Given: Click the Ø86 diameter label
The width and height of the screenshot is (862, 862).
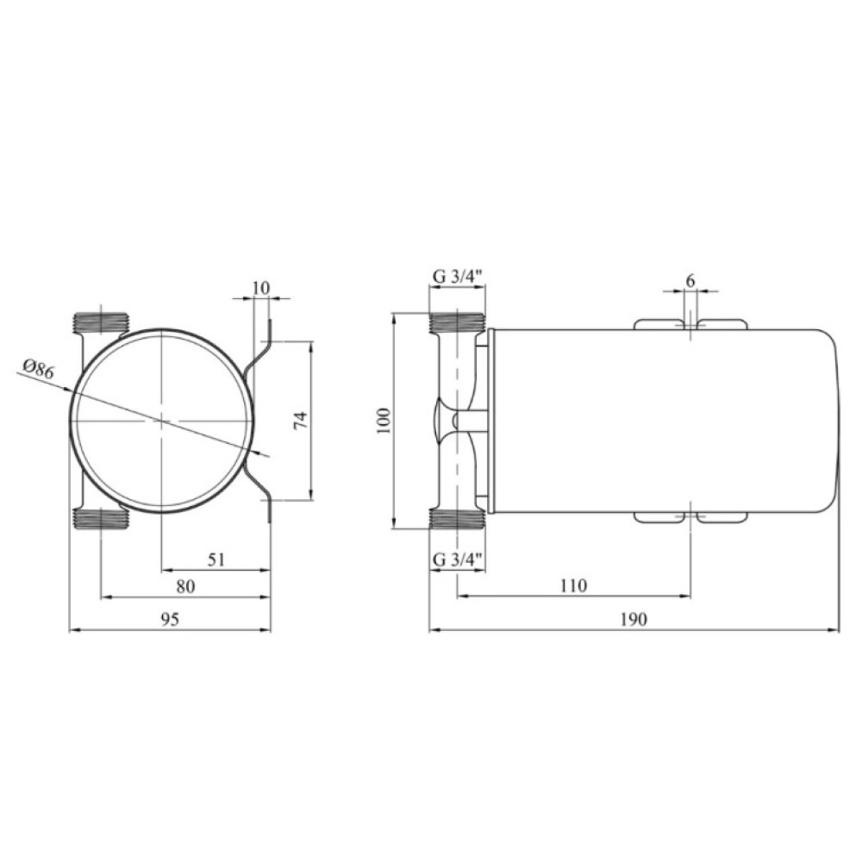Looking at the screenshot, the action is click(x=39, y=369).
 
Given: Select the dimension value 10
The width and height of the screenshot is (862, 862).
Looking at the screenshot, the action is click(x=262, y=288).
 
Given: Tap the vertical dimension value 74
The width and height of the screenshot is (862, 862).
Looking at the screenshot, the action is click(x=301, y=422).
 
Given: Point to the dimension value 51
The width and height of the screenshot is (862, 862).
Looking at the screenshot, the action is click(x=216, y=559).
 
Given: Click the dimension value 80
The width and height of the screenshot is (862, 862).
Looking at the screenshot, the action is click(x=186, y=586).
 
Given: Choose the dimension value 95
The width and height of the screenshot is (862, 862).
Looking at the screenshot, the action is click(x=170, y=620).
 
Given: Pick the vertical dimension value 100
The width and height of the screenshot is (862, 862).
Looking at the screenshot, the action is click(x=384, y=422).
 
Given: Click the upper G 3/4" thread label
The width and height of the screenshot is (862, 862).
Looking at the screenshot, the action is click(x=458, y=277).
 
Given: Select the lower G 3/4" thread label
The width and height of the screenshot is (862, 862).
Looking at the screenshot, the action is click(x=458, y=559).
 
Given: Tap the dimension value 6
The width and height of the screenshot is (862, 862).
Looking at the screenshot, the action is click(x=690, y=280).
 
